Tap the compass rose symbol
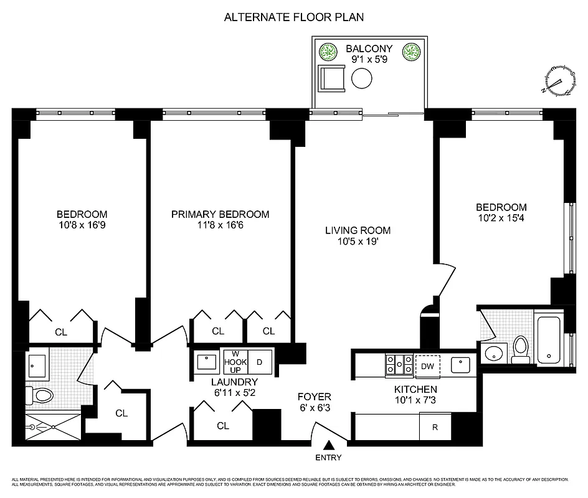click(x=559, y=82)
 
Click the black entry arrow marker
click(x=329, y=444)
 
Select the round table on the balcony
click(x=362, y=79)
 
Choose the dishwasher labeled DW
click(x=427, y=365)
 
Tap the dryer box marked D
click(x=260, y=362)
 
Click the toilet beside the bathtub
click(x=521, y=349)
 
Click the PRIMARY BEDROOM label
click(x=220, y=215)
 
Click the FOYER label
click(x=314, y=397)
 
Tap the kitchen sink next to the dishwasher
click(x=460, y=364)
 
